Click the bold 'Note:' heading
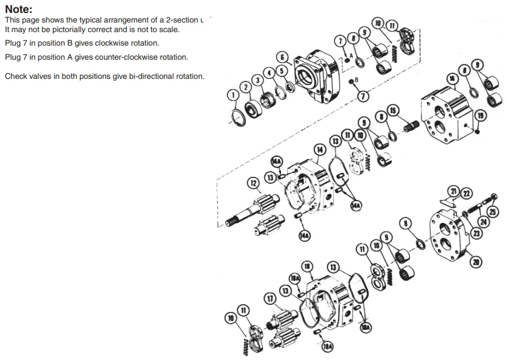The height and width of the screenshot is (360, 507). pos(19,10)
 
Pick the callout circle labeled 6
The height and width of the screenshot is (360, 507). pos(283,57)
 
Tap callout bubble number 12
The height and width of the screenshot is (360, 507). pos(253,183)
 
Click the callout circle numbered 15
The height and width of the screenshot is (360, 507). pos(393,109)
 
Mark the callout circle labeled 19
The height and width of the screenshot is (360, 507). pos(479,116)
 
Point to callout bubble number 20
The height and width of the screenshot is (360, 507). pos(477,261)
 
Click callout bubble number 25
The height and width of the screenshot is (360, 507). pos(492,212)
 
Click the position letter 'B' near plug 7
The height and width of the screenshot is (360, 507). pos(356,79)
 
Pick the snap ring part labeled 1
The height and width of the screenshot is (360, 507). pos(239,119)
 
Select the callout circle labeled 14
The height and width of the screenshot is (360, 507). pos(320,149)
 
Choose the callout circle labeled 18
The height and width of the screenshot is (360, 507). pos(307,265)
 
